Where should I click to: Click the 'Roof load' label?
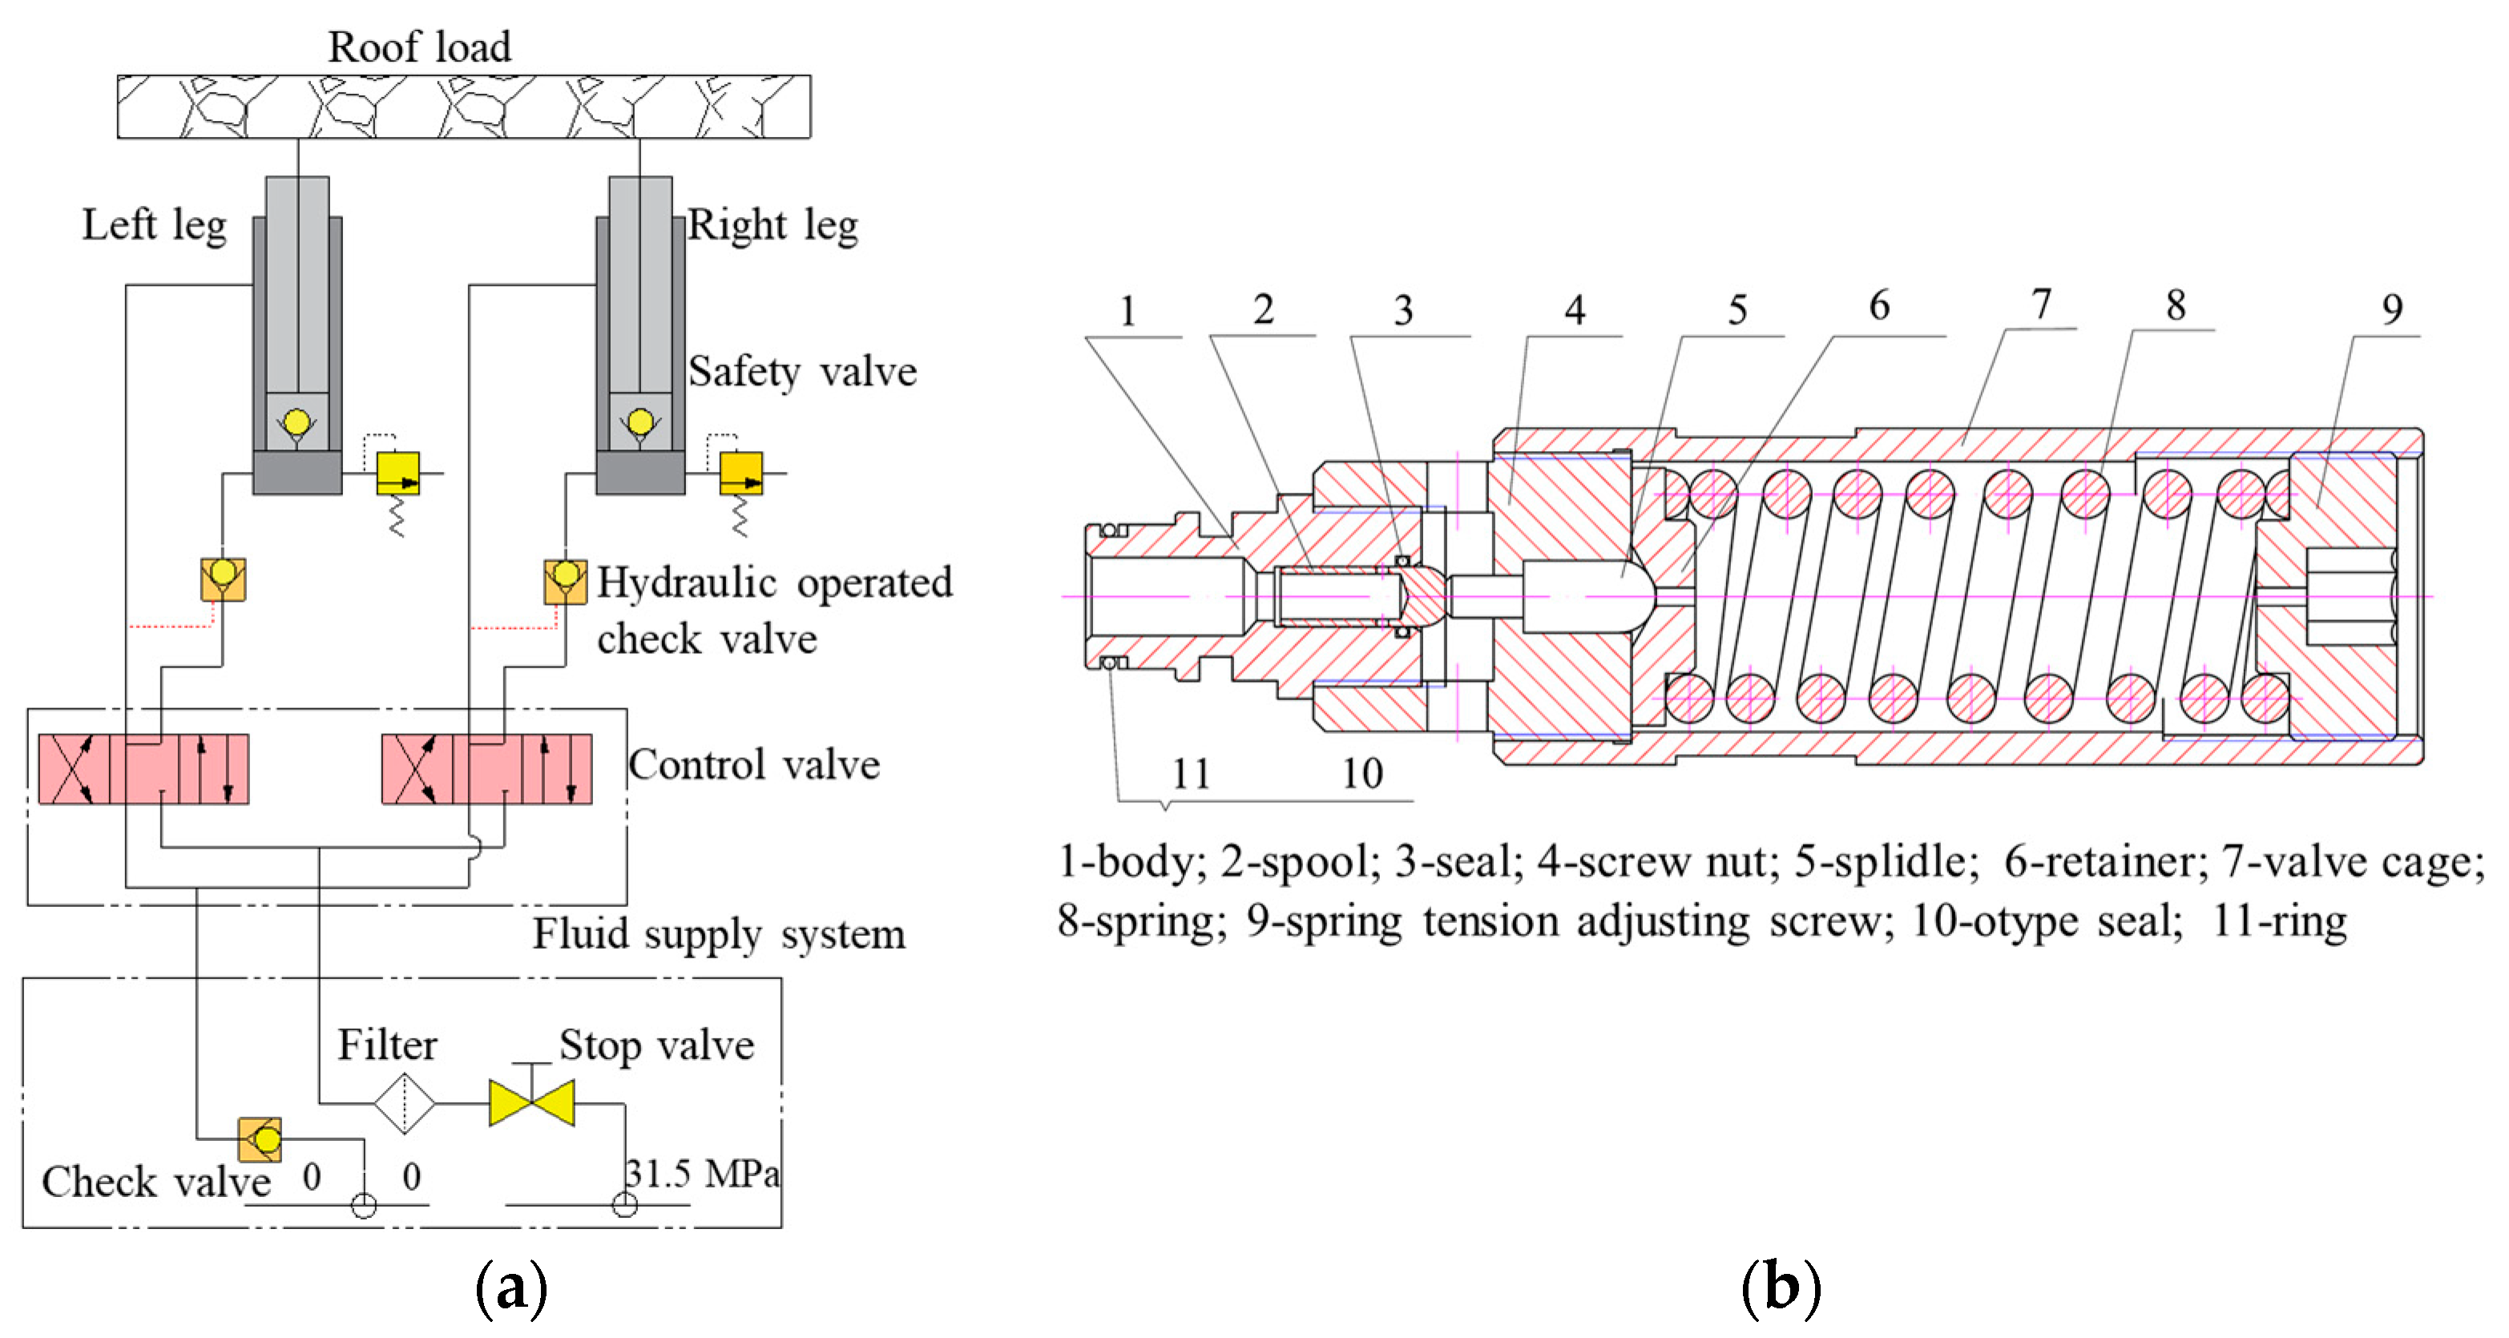419,46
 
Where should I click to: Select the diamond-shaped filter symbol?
403,1103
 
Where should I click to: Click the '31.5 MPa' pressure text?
701,1174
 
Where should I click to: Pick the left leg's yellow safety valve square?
398,474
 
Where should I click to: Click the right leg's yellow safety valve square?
741,474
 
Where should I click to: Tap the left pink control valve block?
144,769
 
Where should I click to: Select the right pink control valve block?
487,769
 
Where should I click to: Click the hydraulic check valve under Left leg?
223,579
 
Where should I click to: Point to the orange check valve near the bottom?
260,1139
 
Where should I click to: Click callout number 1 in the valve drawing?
1127,312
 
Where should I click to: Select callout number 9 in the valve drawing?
2392,310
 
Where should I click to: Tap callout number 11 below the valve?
1190,774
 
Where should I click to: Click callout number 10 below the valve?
1361,773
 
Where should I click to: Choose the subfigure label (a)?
510,1288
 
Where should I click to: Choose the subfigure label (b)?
1780,1288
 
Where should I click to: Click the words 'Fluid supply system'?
719,934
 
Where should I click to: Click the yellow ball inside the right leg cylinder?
640,422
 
